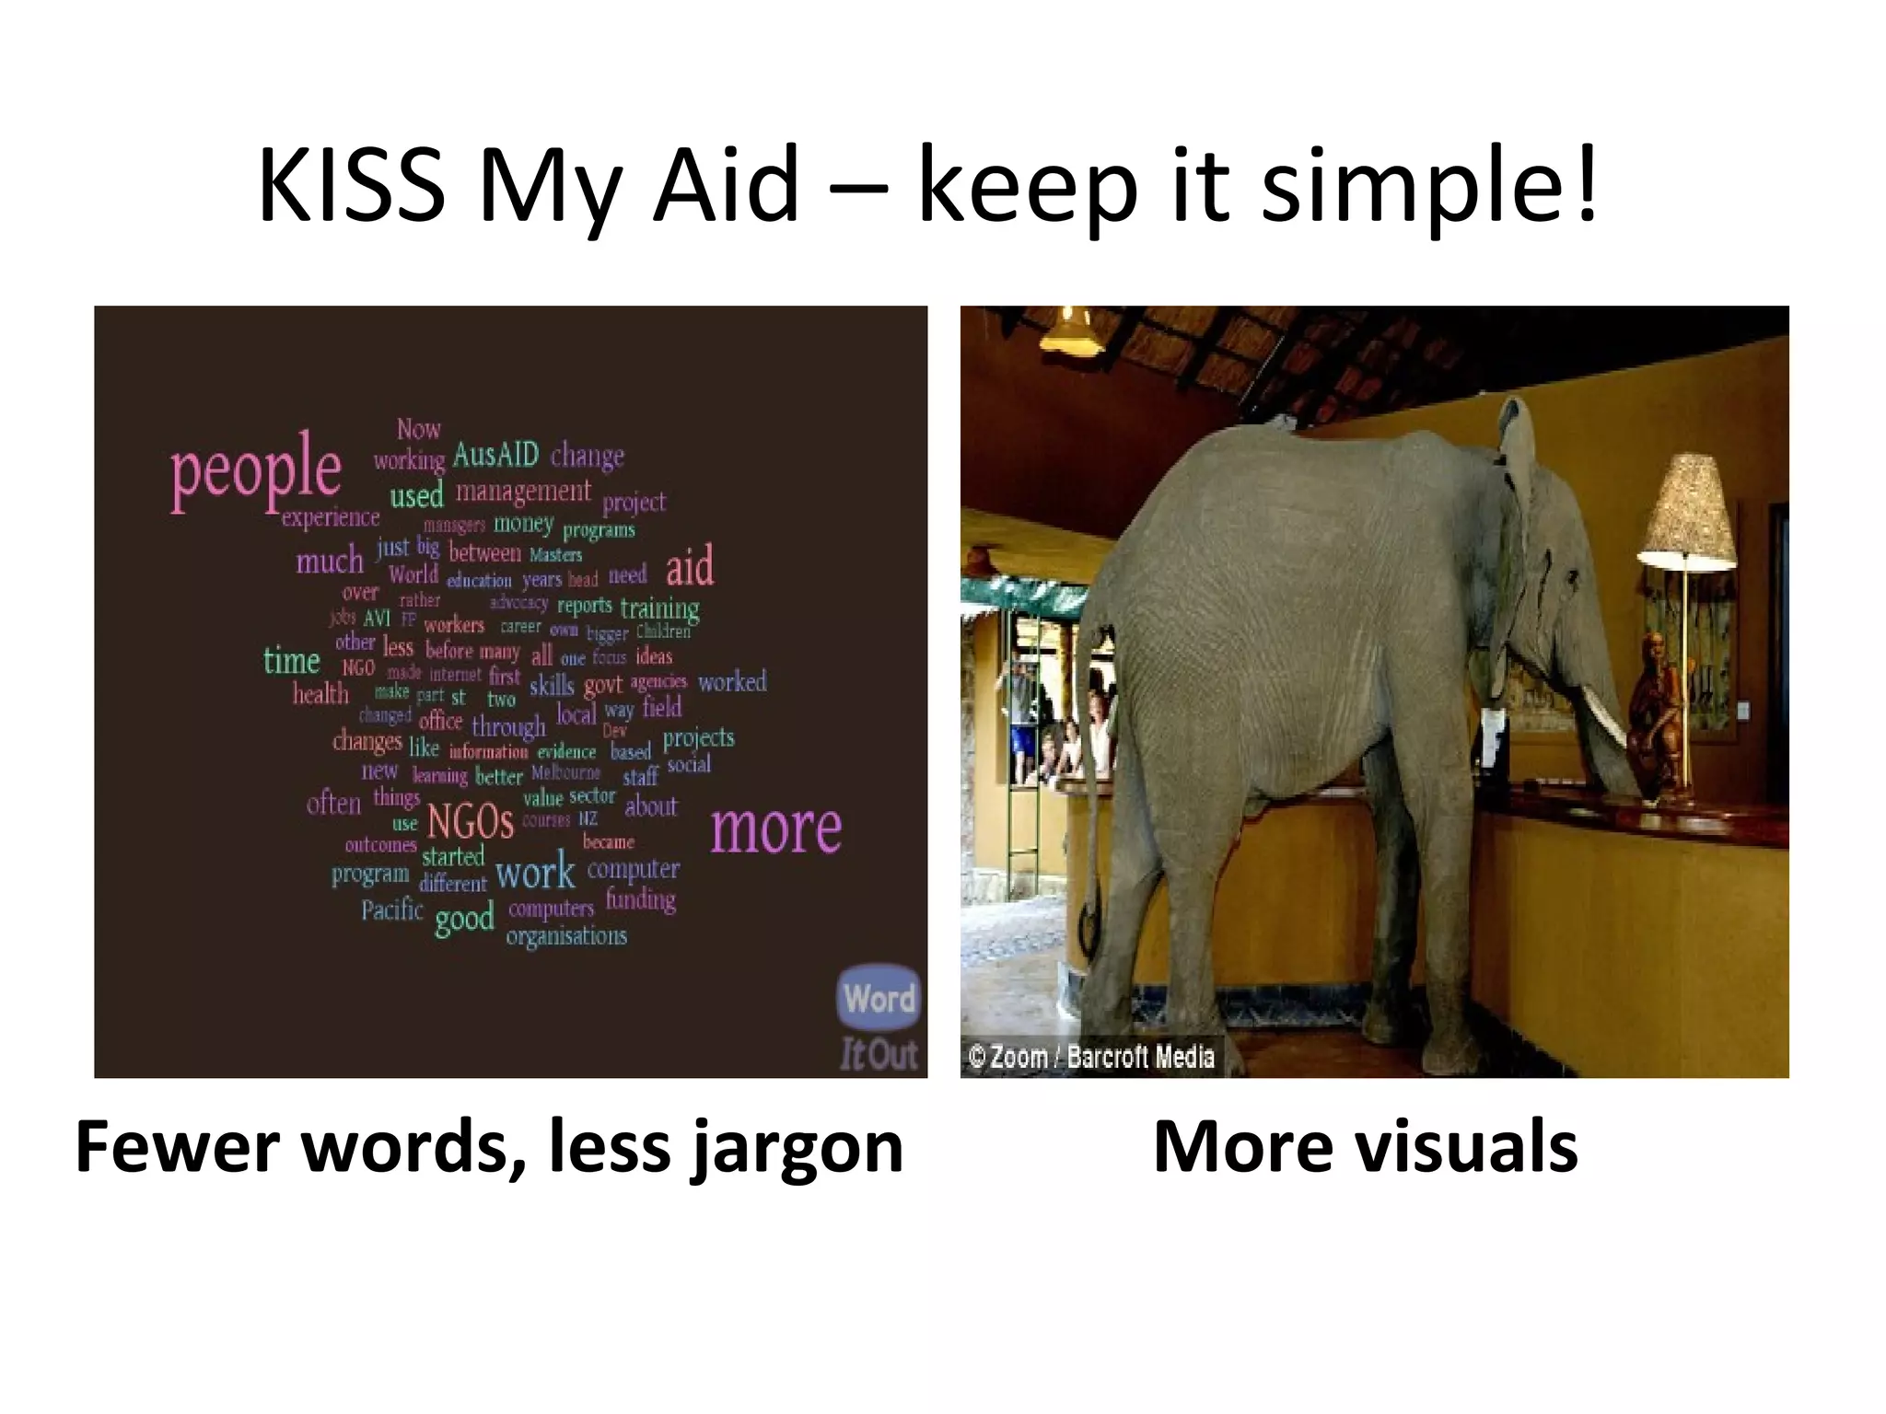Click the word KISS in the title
(352, 187)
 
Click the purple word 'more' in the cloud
(775, 829)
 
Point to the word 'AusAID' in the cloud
(495, 455)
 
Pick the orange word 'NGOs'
(471, 821)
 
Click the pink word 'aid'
(689, 566)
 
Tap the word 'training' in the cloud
(659, 608)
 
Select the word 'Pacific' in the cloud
(391, 910)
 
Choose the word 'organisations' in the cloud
(566, 937)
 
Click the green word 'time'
(291, 661)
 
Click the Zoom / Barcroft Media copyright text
(1091, 1057)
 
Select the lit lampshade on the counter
(1687, 511)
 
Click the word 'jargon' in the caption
(797, 1148)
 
